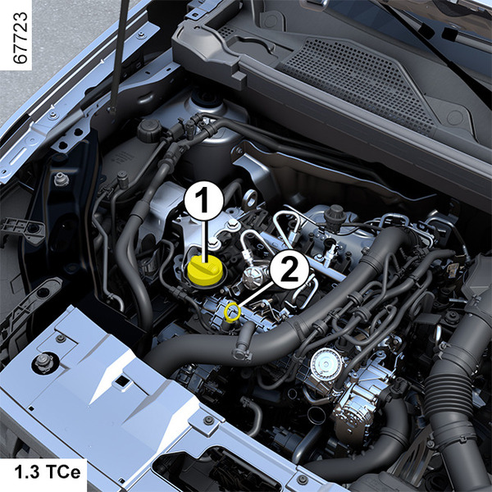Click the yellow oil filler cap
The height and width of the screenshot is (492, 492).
[x=205, y=270]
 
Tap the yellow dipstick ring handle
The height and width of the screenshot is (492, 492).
[x=233, y=312]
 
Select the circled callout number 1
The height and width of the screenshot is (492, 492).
[x=204, y=201]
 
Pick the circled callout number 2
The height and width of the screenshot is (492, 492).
[x=289, y=270]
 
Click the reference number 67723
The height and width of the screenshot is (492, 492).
[x=20, y=38]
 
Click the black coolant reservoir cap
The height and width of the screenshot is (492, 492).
[x=150, y=130]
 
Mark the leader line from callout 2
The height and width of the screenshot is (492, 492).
[x=255, y=295]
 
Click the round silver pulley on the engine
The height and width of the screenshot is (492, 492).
[x=326, y=364]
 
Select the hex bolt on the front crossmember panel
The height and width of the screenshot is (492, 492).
[x=43, y=362]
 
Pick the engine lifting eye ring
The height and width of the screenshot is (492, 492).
[x=250, y=198]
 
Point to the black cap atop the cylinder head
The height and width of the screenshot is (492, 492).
[x=335, y=214]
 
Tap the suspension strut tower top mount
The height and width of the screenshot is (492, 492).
[x=206, y=100]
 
